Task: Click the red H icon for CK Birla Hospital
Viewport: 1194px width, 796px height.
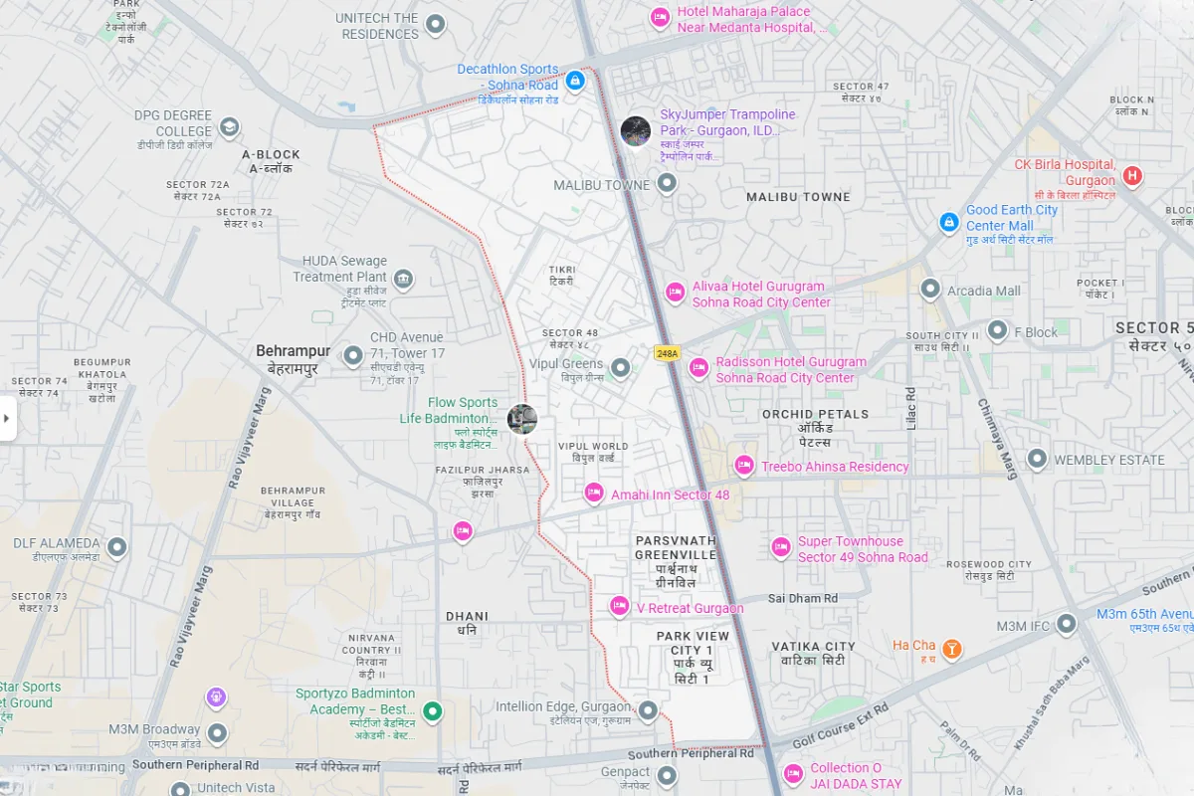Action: click(x=1131, y=177)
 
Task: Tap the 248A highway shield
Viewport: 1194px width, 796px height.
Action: click(x=667, y=353)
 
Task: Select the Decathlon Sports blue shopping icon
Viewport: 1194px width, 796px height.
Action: click(x=574, y=80)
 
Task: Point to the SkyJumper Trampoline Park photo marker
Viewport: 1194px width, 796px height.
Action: click(x=636, y=131)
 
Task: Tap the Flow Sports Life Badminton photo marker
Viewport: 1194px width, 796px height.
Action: click(x=521, y=419)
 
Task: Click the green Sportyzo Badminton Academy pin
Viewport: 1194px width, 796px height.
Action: click(x=432, y=710)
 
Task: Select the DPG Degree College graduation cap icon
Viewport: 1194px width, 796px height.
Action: click(x=230, y=127)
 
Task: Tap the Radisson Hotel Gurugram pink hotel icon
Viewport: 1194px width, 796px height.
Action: click(x=698, y=367)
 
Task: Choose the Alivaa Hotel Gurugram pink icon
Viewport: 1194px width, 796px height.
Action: click(x=675, y=292)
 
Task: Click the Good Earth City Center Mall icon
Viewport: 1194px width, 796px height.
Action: click(x=949, y=221)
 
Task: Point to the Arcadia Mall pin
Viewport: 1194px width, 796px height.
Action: click(x=930, y=289)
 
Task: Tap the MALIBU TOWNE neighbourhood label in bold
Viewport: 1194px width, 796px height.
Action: click(x=798, y=197)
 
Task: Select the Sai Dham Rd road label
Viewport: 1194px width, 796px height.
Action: click(x=802, y=598)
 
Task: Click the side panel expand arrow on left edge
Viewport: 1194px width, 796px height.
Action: click(x=7, y=418)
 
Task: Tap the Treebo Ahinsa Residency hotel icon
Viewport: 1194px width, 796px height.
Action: click(x=743, y=465)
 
